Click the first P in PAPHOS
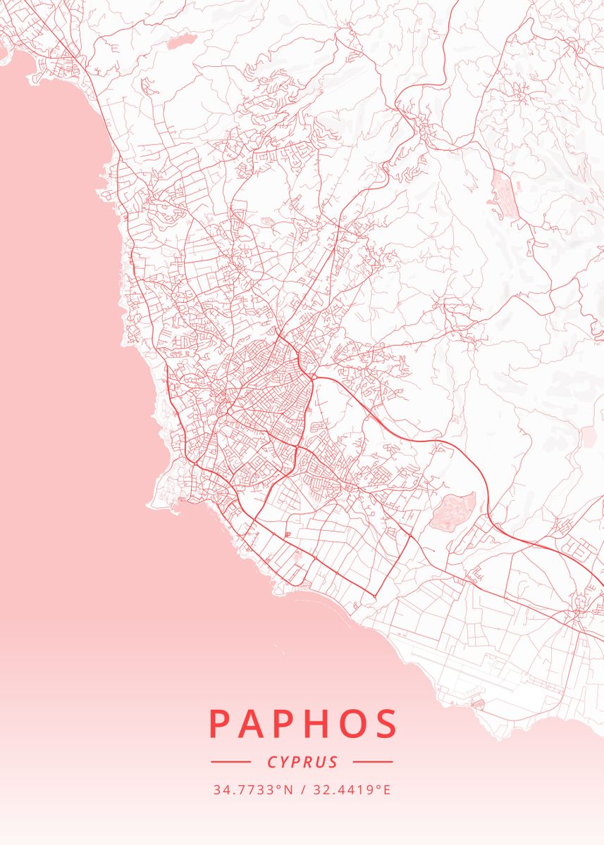[220, 723]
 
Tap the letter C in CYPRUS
[272, 762]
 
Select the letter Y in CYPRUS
[285, 762]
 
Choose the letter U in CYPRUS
[321, 762]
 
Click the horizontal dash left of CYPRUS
[230, 762]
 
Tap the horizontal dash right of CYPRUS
[372, 762]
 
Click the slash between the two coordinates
[302, 789]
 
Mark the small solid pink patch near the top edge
[179, 42]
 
